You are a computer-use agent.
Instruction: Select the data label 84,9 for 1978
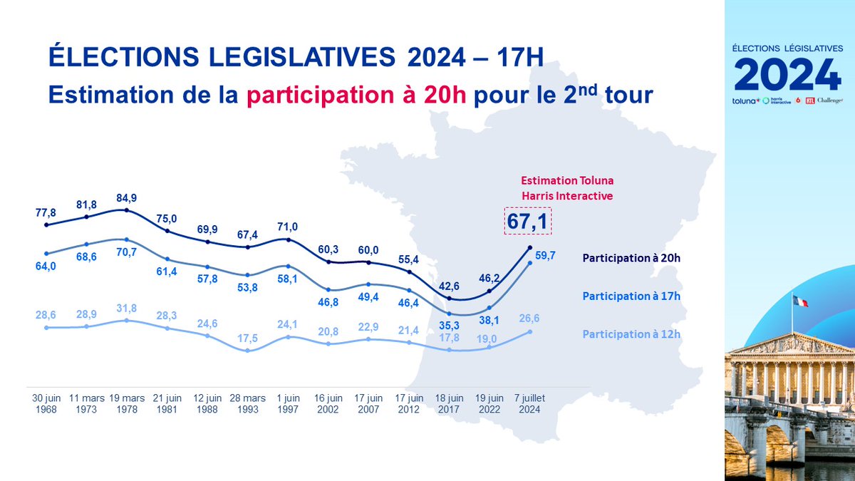pos(126,197)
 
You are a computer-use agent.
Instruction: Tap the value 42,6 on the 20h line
pos(450,287)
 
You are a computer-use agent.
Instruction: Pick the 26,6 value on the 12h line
pos(530,319)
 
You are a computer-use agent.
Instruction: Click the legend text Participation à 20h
pos(631,258)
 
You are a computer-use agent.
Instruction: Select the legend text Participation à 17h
pos(631,296)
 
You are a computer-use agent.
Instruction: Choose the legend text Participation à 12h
pos(631,333)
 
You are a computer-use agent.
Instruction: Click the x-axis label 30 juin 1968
pos(46,403)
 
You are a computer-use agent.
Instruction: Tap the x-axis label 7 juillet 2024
pos(529,403)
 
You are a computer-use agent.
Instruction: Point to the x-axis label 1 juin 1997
pos(288,403)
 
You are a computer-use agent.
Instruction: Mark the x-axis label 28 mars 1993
pos(247,403)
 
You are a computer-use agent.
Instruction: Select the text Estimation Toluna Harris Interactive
pos(566,188)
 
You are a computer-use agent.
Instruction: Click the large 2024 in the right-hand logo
pos(787,73)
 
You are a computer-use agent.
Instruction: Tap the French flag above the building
pos(800,301)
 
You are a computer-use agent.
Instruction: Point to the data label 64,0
pos(45,267)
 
